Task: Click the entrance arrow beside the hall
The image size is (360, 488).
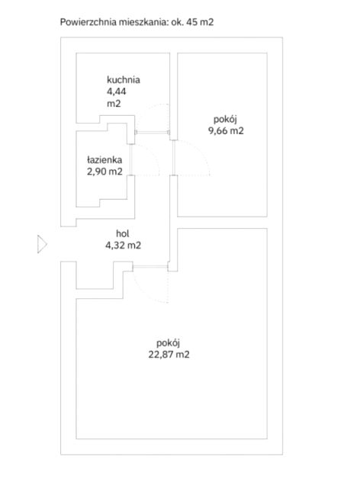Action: click(x=42, y=244)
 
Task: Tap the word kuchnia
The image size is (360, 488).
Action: click(x=124, y=79)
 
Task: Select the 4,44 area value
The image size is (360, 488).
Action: click(x=116, y=91)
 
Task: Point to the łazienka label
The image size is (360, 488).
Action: click(x=104, y=160)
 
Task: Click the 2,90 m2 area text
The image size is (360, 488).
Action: click(x=104, y=172)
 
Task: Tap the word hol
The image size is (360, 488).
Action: click(x=122, y=233)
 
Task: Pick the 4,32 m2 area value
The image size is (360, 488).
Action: click(x=123, y=246)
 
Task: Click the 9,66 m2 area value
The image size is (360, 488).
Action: click(x=226, y=130)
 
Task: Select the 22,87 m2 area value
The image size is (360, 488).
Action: click(x=169, y=355)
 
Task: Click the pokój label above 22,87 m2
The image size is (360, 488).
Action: click(x=168, y=343)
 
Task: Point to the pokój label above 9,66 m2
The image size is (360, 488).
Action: click(x=226, y=119)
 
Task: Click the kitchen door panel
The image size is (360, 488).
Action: click(x=153, y=132)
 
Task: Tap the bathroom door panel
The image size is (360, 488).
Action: click(x=130, y=159)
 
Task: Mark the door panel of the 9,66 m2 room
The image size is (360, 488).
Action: click(x=174, y=158)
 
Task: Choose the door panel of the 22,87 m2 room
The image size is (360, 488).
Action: click(x=150, y=266)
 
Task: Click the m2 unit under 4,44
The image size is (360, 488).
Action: click(x=114, y=104)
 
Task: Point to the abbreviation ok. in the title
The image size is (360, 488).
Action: click(x=178, y=22)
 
